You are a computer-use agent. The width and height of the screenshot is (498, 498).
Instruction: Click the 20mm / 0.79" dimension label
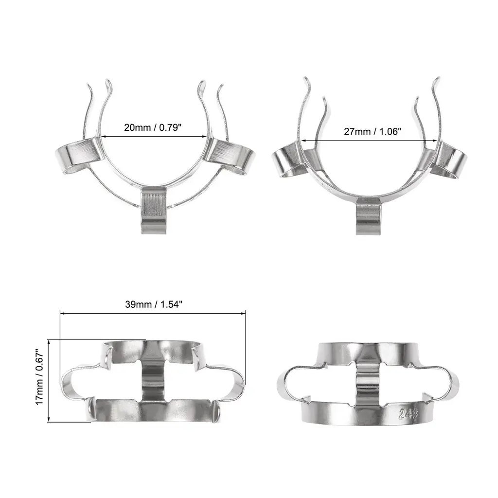pyautogui.click(x=152, y=128)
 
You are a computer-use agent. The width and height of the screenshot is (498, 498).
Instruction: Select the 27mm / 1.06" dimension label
pyautogui.click(x=372, y=131)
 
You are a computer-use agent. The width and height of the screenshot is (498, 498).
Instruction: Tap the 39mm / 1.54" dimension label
pyautogui.click(x=153, y=304)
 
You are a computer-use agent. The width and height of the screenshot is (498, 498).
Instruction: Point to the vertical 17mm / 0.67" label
pyautogui.click(x=39, y=377)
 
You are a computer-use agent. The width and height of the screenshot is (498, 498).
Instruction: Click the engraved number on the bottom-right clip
pyautogui.click(x=409, y=414)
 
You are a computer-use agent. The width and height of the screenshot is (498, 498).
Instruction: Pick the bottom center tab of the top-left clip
pyautogui.click(x=154, y=210)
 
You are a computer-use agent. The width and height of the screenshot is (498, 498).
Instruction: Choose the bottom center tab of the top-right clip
pyautogui.click(x=369, y=216)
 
